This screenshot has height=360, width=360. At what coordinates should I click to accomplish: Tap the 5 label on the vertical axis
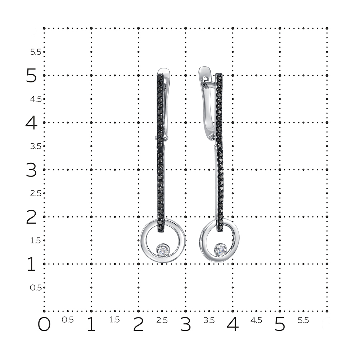pos(31,76)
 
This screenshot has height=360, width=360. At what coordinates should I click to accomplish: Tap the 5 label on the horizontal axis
pos(280,324)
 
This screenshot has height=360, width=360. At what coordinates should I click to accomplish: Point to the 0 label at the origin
pos(44,324)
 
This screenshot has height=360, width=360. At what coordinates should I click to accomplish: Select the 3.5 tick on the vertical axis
pos(36,146)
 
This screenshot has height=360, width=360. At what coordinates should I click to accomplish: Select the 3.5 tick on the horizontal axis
pos(209,320)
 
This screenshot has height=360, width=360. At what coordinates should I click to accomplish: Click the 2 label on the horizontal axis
pos(139,324)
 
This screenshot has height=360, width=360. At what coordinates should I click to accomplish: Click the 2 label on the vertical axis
pos(31,217)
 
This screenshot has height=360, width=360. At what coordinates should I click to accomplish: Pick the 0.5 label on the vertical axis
pos(36,288)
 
